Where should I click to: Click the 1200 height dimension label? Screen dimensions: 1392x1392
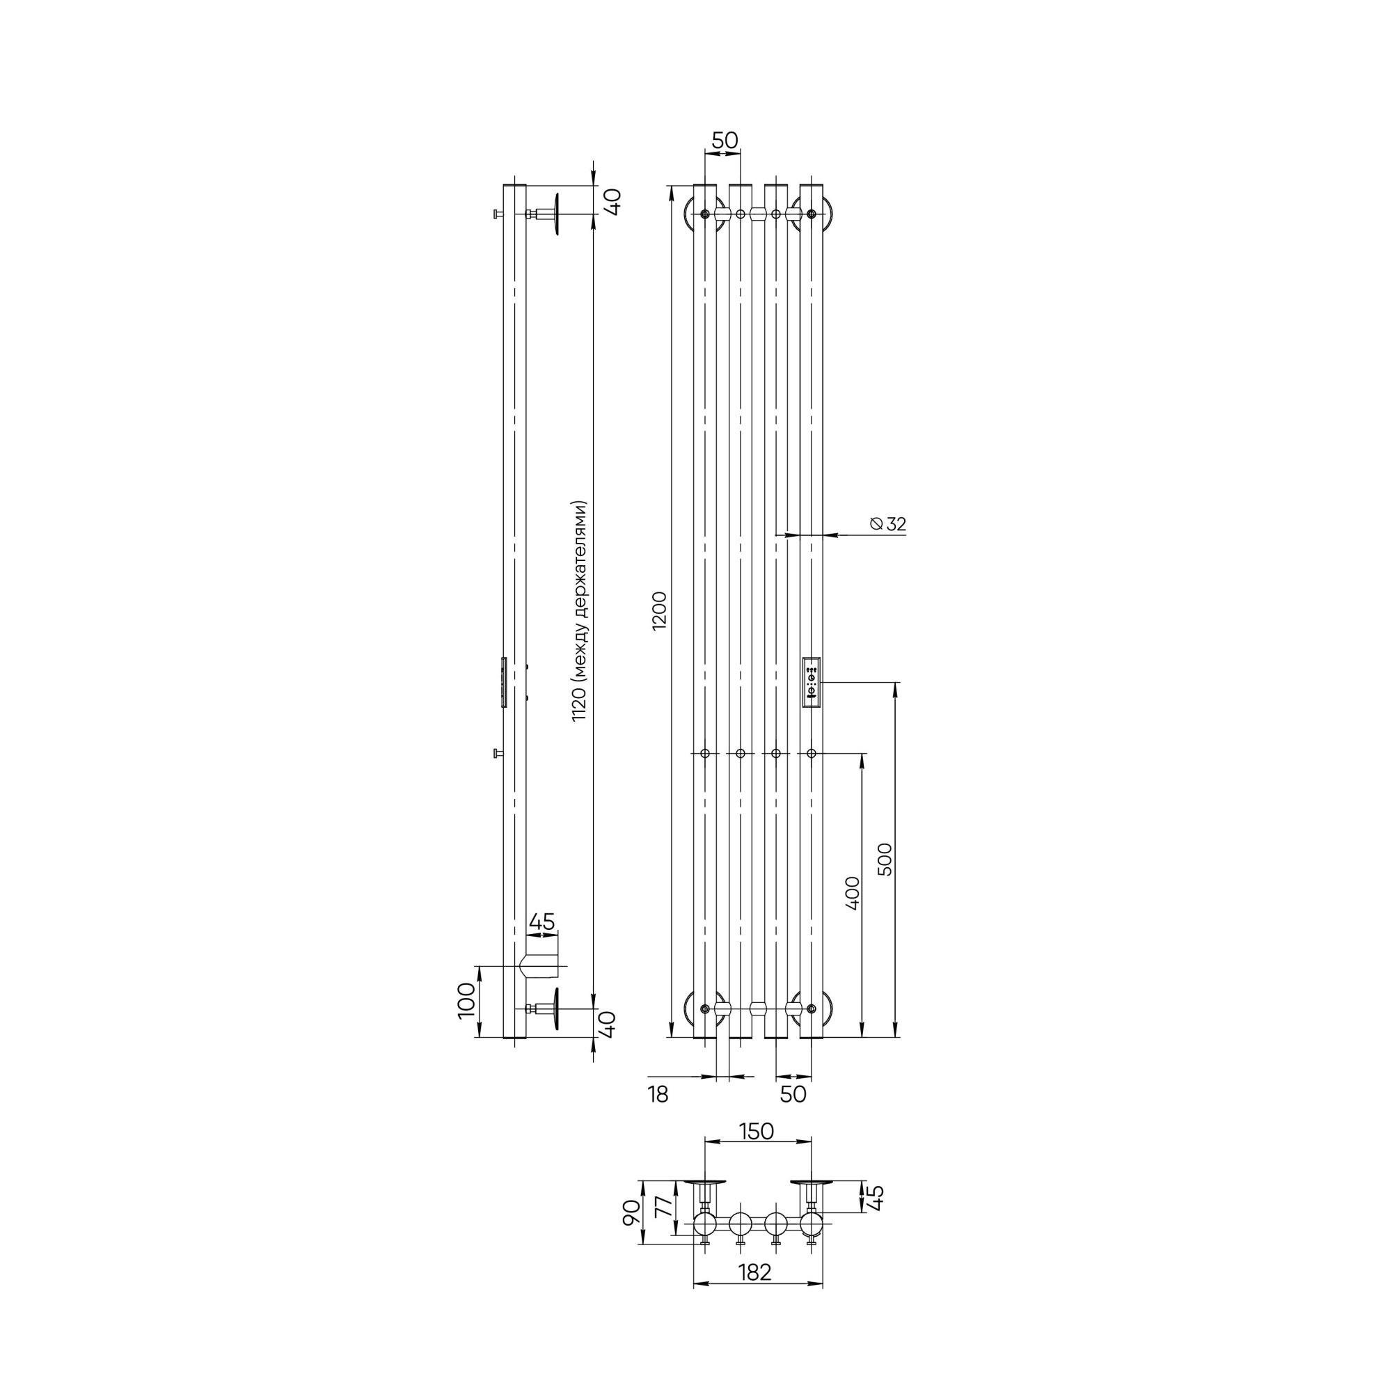tap(661, 611)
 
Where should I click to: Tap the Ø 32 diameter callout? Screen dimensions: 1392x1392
tap(887, 524)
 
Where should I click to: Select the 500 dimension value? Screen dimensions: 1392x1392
tap(885, 859)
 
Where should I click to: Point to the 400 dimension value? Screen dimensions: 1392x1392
tap(853, 894)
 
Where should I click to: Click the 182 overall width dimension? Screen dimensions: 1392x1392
tap(754, 1292)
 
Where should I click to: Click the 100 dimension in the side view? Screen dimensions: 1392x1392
tap(467, 1000)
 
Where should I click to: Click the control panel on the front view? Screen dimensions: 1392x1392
tap(812, 682)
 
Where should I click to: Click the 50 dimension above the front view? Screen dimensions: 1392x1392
tap(725, 141)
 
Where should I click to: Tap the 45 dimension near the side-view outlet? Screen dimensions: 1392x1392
tap(541, 922)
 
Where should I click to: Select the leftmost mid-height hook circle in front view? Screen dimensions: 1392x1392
tap(704, 754)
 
